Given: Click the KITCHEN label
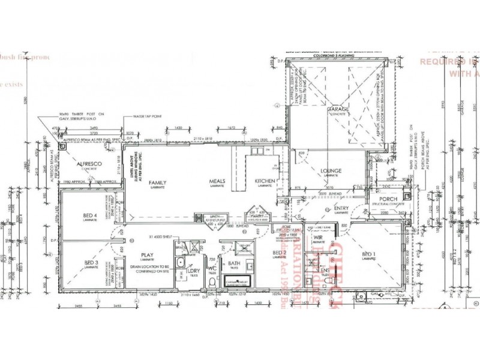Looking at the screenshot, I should coord(265,181).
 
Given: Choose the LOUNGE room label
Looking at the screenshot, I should coord(331,171).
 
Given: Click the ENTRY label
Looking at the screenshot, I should coord(341,208).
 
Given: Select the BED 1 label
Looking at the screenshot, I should coord(368,254).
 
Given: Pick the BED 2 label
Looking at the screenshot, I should coord(279,253).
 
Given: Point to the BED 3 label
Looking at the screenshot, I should coord(91,263).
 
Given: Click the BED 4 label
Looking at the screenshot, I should coord(91,215).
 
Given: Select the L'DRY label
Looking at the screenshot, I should coord(194,271).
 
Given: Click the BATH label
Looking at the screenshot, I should coord(234,263).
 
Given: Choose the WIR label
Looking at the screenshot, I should coord(318,238).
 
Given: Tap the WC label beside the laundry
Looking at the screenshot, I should coord(211,268).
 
